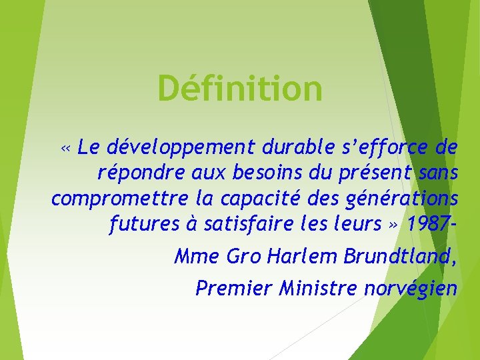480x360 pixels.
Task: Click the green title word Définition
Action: click(x=240, y=89)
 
